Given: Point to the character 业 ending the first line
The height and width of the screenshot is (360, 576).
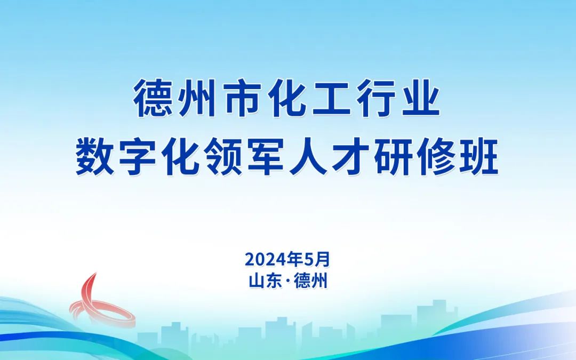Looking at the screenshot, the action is pyautogui.click(x=422, y=99).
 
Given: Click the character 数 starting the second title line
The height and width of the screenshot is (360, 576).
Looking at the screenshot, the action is pyautogui.click(x=93, y=157).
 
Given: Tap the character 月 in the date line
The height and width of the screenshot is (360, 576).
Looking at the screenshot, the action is pyautogui.click(x=322, y=260).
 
